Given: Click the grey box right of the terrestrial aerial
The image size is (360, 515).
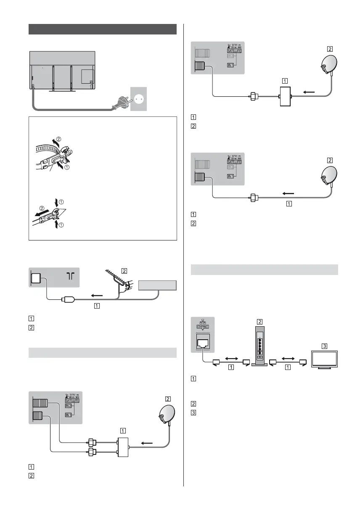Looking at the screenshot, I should click(x=157, y=285).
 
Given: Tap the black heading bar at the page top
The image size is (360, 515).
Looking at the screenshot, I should click(x=103, y=29).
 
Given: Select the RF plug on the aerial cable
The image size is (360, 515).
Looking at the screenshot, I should click(x=67, y=299).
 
